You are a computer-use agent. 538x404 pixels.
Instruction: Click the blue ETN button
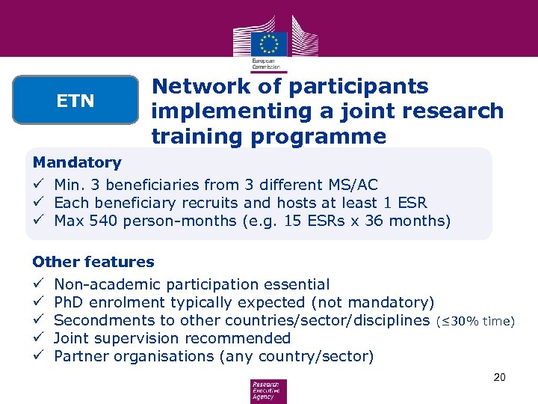(75, 100)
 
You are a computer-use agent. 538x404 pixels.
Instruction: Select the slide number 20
(499, 377)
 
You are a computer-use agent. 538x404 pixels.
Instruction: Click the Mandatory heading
(77, 162)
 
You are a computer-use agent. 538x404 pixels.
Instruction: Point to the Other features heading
(93, 262)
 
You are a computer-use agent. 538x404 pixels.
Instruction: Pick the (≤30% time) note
(475, 321)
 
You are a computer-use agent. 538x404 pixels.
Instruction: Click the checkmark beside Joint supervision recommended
(37, 338)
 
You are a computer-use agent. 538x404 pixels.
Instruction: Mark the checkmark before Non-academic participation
(37, 284)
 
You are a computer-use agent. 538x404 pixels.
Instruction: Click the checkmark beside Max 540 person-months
(37, 221)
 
